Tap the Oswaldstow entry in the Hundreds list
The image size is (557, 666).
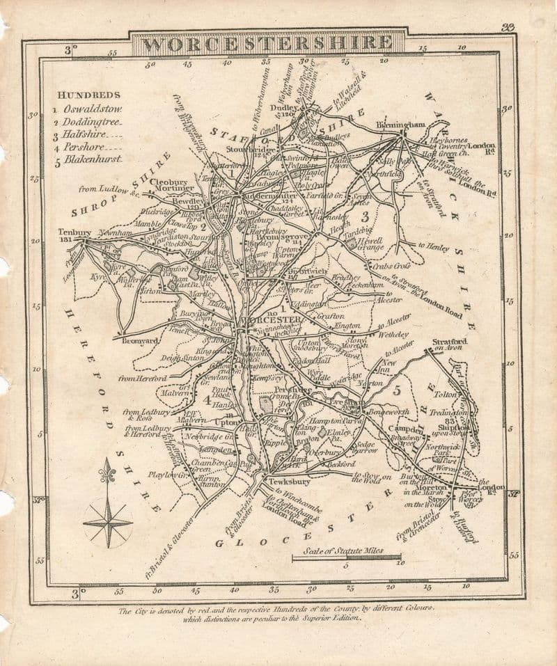click(92, 109)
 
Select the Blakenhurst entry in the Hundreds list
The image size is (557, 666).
click(93, 159)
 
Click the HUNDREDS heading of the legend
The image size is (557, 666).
click(89, 95)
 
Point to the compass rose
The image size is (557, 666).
click(107, 514)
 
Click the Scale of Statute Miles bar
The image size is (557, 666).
click(346, 557)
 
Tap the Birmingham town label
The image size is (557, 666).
click(400, 125)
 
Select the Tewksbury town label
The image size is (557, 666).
click(285, 482)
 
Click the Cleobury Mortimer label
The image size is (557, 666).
click(171, 183)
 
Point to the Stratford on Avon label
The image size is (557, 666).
click(449, 344)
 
